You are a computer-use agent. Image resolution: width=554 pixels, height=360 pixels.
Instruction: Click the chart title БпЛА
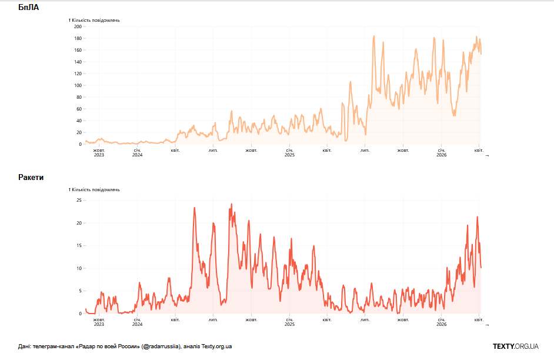coord(29,8)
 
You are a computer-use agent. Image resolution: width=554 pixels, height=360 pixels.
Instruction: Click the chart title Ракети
coord(31,177)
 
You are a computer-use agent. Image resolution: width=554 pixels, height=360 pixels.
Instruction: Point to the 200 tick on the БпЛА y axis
coord(78,26)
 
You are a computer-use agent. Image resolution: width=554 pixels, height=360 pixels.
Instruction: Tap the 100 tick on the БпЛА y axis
coord(78,85)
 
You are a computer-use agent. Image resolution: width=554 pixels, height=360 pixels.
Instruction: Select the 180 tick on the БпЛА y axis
coord(78,38)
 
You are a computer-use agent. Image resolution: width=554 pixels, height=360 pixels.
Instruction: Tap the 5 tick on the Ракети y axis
coord(80,291)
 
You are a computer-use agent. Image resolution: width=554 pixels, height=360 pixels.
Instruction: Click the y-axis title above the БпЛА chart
coord(95,21)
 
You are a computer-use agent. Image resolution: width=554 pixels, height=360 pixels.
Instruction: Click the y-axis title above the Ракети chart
coord(95,190)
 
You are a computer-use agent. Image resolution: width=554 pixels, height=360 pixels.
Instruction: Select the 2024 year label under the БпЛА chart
coord(137,155)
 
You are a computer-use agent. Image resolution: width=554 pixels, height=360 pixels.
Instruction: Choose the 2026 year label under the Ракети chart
coord(442,324)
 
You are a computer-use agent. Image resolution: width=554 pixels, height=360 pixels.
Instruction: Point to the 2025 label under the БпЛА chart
coord(289,155)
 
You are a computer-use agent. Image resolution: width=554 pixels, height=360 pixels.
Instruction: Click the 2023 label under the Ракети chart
coord(99,324)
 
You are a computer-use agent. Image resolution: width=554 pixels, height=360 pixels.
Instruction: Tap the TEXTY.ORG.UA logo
coord(515,346)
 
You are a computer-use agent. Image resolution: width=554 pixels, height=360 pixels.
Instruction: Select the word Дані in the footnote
coord(25,346)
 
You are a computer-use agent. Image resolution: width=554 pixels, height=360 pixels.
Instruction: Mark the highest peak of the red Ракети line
coord(231,204)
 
